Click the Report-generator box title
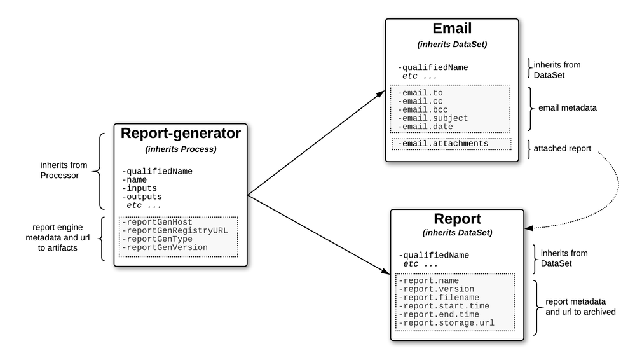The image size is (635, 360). pos(180,134)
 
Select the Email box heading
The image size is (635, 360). pos(452,29)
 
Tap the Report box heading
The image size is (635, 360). pos(457,219)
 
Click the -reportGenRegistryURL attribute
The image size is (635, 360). pos(174,230)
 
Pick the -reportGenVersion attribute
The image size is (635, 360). pos(165,247)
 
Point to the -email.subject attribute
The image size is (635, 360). pos(433,118)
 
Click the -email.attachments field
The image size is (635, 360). pos(443,144)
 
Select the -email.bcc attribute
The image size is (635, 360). pos(423,109)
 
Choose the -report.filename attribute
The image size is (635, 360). pos(437,297)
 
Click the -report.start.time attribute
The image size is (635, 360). pos(442,306)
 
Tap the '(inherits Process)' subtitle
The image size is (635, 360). pos(180,149)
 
